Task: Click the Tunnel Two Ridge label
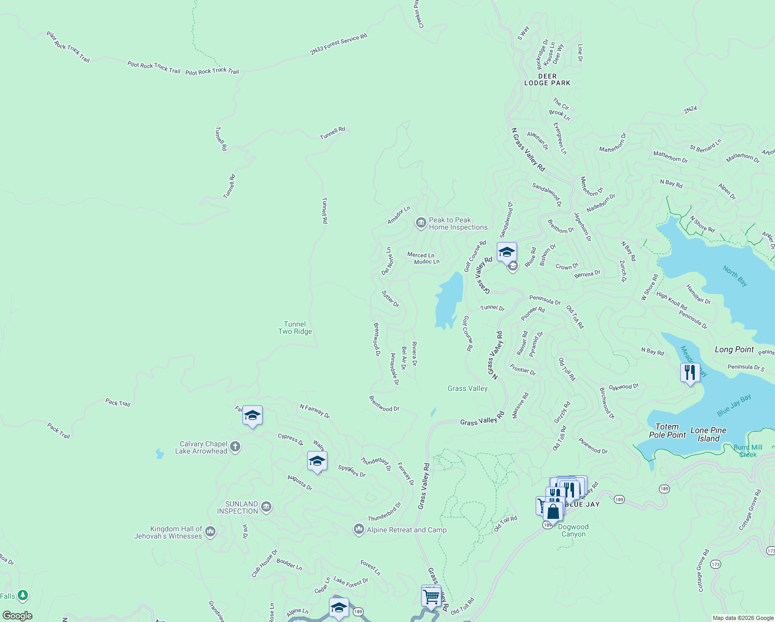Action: click(295, 328)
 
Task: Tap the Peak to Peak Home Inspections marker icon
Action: click(421, 223)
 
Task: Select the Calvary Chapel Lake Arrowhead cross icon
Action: click(235, 447)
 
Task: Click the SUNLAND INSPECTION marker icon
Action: click(266, 507)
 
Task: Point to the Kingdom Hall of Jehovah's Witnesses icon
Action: click(210, 531)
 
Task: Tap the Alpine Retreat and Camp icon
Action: click(358, 529)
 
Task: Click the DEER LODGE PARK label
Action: click(547, 79)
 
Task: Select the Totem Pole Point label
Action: click(667, 431)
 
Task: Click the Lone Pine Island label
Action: click(708, 434)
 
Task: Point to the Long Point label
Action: click(734, 349)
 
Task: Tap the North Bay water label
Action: click(735, 276)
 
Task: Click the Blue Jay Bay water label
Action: click(734, 405)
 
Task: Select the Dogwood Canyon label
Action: click(573, 530)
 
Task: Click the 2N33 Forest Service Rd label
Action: click(338, 44)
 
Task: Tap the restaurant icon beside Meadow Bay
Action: click(690, 373)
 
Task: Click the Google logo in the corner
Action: click(18, 616)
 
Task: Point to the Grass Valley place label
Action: click(467, 388)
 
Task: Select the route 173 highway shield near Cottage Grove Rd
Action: click(715, 564)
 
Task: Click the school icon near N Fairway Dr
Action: click(252, 416)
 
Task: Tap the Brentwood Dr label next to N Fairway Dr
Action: click(384, 404)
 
